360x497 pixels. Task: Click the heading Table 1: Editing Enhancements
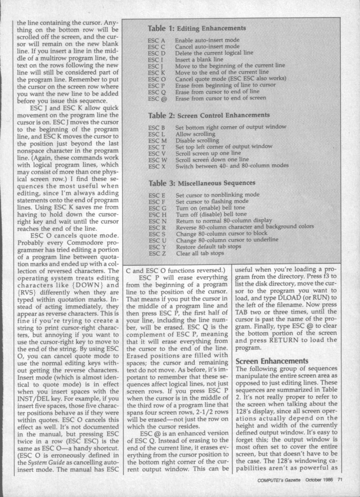[197, 28]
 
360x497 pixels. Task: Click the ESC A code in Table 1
[156, 40]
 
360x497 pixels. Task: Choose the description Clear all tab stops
[200, 254]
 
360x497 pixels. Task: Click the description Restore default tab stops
[209, 247]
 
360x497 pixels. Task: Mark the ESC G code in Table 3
[157, 209]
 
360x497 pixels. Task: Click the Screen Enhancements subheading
[271, 361]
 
